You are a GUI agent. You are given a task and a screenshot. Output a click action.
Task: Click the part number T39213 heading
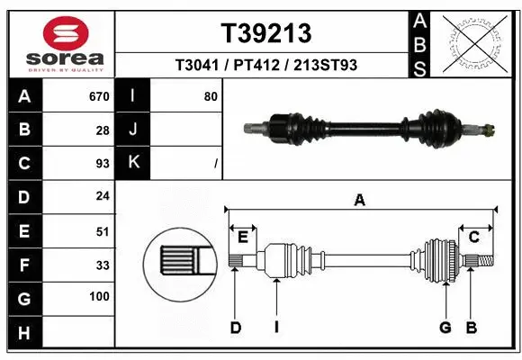(266, 33)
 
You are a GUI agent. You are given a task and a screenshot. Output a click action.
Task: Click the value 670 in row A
(98, 96)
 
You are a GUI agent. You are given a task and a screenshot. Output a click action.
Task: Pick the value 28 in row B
(102, 130)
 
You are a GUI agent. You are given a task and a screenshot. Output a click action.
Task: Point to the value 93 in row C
(102, 163)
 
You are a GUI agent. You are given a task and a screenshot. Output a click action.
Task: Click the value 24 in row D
(102, 196)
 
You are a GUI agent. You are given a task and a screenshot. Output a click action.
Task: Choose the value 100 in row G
(99, 296)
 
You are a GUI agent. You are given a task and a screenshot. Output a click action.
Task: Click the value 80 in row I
(210, 96)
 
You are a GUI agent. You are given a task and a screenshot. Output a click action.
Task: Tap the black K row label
(133, 163)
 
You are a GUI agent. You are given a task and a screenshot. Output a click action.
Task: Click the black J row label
(133, 130)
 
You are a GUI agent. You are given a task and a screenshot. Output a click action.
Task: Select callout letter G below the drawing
(445, 327)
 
